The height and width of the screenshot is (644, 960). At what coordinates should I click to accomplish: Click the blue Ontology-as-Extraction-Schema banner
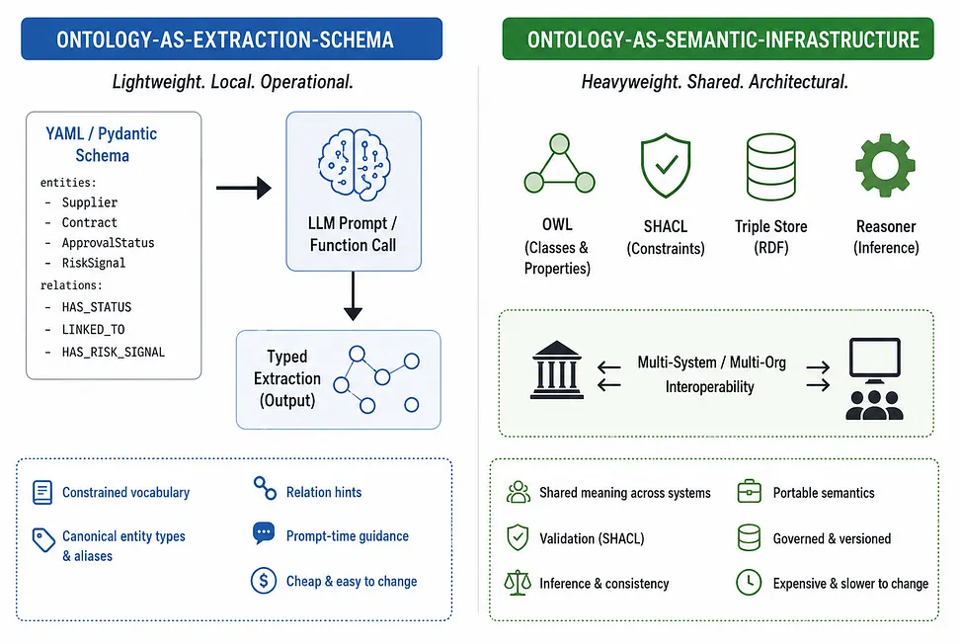[231, 40]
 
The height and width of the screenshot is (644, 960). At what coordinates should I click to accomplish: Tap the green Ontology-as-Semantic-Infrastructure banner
[718, 40]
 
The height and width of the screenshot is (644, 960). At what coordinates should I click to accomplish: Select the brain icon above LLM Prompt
[354, 165]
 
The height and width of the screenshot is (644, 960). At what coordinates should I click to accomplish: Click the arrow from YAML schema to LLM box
[244, 188]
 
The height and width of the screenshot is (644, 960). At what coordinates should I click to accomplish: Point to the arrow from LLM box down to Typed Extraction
[353, 296]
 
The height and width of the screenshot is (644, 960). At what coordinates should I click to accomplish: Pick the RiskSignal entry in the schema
[93, 264]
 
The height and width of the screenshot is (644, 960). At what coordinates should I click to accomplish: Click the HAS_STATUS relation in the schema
[96, 307]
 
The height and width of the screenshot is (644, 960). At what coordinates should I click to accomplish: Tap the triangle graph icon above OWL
[559, 163]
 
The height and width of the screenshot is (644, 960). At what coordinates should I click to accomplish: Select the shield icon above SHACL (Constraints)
[666, 165]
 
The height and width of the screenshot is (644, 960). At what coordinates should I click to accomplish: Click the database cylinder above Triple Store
[770, 167]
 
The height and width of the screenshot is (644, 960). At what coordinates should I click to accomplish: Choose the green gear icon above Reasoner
[885, 165]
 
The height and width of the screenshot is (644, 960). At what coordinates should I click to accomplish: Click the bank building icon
[556, 369]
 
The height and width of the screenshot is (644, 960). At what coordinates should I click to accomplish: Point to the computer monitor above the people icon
[875, 360]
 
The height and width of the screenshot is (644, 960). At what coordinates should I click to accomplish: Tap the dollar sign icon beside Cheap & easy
[264, 581]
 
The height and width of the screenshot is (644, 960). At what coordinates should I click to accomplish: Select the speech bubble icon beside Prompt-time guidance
[264, 533]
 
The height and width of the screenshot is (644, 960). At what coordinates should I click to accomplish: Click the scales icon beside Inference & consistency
[518, 583]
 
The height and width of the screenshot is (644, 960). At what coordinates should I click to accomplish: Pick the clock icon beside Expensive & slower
[749, 582]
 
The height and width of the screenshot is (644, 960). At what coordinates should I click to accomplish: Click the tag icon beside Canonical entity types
[43, 540]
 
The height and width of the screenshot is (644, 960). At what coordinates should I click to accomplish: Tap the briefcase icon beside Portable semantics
[750, 491]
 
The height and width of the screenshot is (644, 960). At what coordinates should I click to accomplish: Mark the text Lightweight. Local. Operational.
[233, 82]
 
